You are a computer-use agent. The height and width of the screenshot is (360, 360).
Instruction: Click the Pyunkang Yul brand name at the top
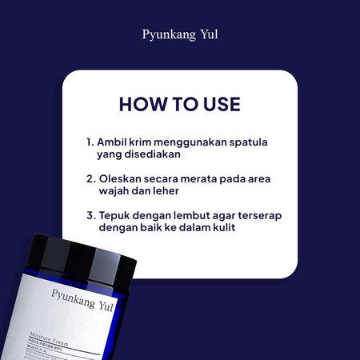pos(179,36)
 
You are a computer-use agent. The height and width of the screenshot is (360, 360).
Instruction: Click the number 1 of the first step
pos(90,142)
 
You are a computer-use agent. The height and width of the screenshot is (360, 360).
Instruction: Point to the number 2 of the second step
pos(90,178)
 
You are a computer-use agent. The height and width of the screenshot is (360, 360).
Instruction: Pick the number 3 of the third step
pos(90,215)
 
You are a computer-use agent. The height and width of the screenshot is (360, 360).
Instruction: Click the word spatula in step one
pos(246,142)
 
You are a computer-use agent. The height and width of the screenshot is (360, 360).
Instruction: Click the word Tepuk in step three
pos(115,215)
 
